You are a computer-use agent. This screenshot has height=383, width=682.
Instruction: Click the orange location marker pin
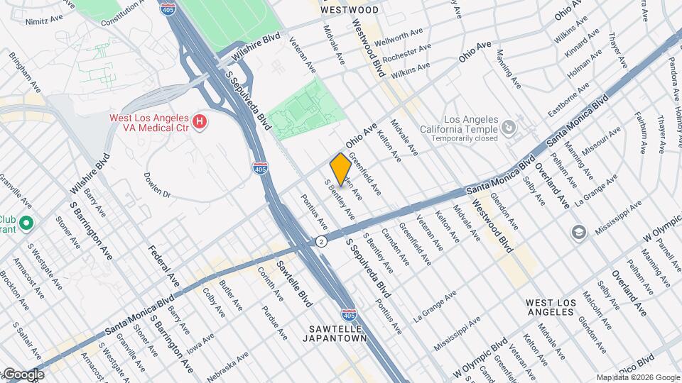[x=340, y=167]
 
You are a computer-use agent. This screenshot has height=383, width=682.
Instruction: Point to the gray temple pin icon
[x=508, y=128]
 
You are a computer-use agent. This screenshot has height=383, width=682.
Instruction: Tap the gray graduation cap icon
[x=578, y=232]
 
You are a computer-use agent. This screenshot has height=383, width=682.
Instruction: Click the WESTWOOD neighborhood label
[x=349, y=10]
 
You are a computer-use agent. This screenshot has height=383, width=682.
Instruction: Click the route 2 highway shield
[x=322, y=242]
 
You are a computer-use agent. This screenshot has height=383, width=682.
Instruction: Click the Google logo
[x=23, y=374]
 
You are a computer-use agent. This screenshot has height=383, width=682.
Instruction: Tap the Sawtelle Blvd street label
[x=293, y=279]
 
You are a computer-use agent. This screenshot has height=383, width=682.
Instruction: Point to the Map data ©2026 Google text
[x=637, y=377]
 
